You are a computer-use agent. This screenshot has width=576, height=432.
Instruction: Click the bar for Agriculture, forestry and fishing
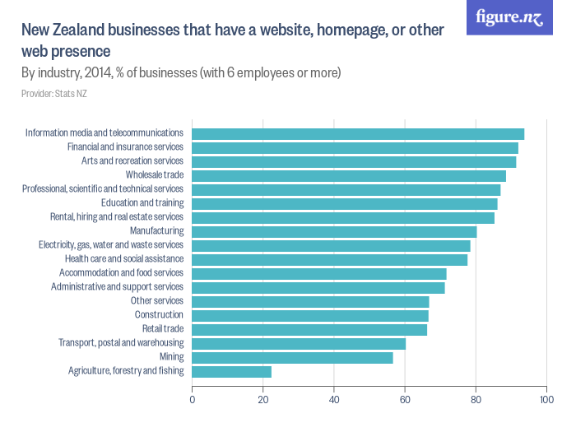(x=231, y=371)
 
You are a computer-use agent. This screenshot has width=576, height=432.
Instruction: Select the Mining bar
(x=292, y=357)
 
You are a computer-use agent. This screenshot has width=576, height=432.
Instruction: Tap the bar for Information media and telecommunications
(x=358, y=133)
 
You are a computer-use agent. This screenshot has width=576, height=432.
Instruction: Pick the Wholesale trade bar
(x=349, y=175)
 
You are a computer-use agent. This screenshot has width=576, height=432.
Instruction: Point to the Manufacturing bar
(x=334, y=231)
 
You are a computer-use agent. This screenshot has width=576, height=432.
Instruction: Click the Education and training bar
(x=345, y=203)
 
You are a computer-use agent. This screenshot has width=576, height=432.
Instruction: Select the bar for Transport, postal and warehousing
(x=299, y=343)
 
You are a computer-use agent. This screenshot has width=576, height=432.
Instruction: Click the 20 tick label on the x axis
(x=263, y=400)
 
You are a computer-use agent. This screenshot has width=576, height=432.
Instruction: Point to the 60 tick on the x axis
(x=405, y=400)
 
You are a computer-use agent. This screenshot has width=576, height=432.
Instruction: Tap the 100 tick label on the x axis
(x=545, y=400)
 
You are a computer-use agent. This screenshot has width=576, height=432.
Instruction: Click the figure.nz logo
(x=509, y=17)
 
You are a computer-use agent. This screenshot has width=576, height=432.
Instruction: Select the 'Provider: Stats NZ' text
(x=54, y=94)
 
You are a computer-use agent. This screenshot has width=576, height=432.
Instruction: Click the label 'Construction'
(x=159, y=315)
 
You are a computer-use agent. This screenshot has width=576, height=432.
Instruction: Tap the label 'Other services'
(x=157, y=301)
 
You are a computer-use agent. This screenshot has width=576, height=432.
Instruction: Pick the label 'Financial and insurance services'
(x=125, y=147)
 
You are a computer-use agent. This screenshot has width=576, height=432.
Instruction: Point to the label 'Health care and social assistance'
(x=123, y=259)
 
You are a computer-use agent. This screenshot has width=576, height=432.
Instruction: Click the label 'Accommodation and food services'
(x=121, y=273)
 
